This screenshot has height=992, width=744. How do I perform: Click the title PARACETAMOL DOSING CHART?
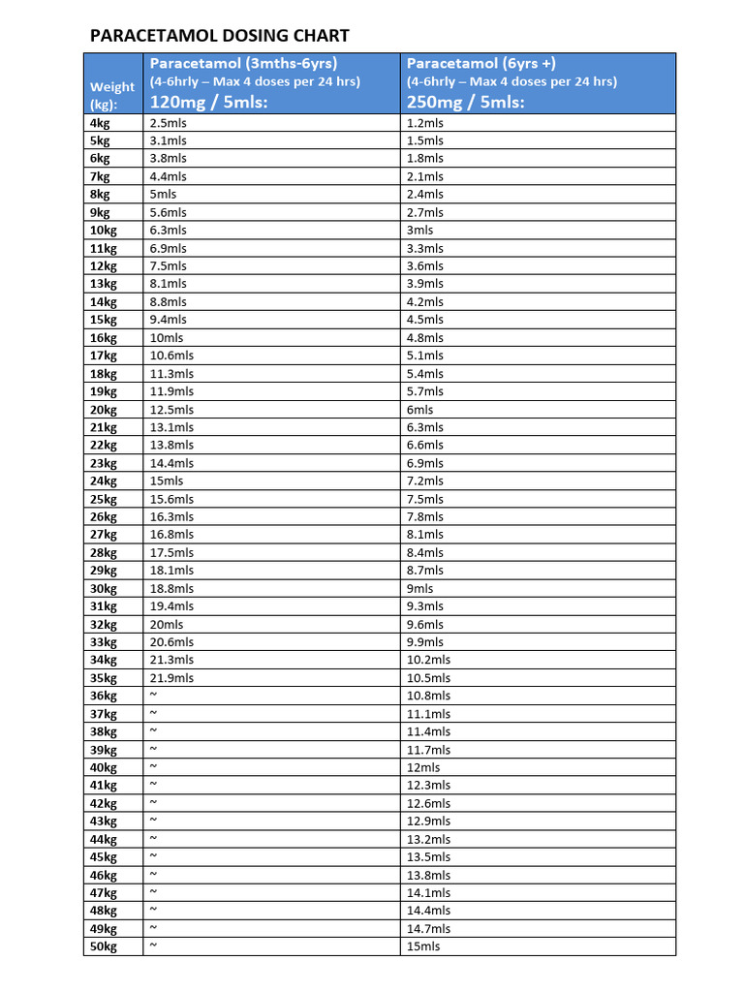(219, 36)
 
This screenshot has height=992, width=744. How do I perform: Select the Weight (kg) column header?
(112, 95)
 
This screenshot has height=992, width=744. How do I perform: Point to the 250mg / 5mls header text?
(465, 102)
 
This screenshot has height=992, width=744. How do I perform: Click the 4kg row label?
(100, 123)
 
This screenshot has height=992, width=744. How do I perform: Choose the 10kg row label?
(103, 231)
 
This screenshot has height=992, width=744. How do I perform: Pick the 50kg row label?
(103, 946)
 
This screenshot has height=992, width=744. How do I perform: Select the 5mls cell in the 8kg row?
(163, 195)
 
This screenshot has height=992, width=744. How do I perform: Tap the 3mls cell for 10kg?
(420, 231)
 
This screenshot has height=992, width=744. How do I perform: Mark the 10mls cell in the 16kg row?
(166, 338)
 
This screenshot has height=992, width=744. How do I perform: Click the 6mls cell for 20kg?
(420, 410)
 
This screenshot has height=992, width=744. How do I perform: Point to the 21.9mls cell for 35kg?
(171, 678)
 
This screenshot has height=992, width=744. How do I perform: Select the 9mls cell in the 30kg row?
(420, 588)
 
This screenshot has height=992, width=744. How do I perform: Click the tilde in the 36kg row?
(153, 696)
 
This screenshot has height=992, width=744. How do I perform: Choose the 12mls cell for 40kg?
(423, 767)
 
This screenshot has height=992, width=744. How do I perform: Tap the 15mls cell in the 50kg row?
(423, 946)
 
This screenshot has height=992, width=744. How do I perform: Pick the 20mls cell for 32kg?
(166, 624)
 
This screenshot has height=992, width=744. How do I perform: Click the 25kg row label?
(103, 499)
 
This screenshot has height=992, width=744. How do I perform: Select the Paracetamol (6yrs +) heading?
(480, 63)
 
